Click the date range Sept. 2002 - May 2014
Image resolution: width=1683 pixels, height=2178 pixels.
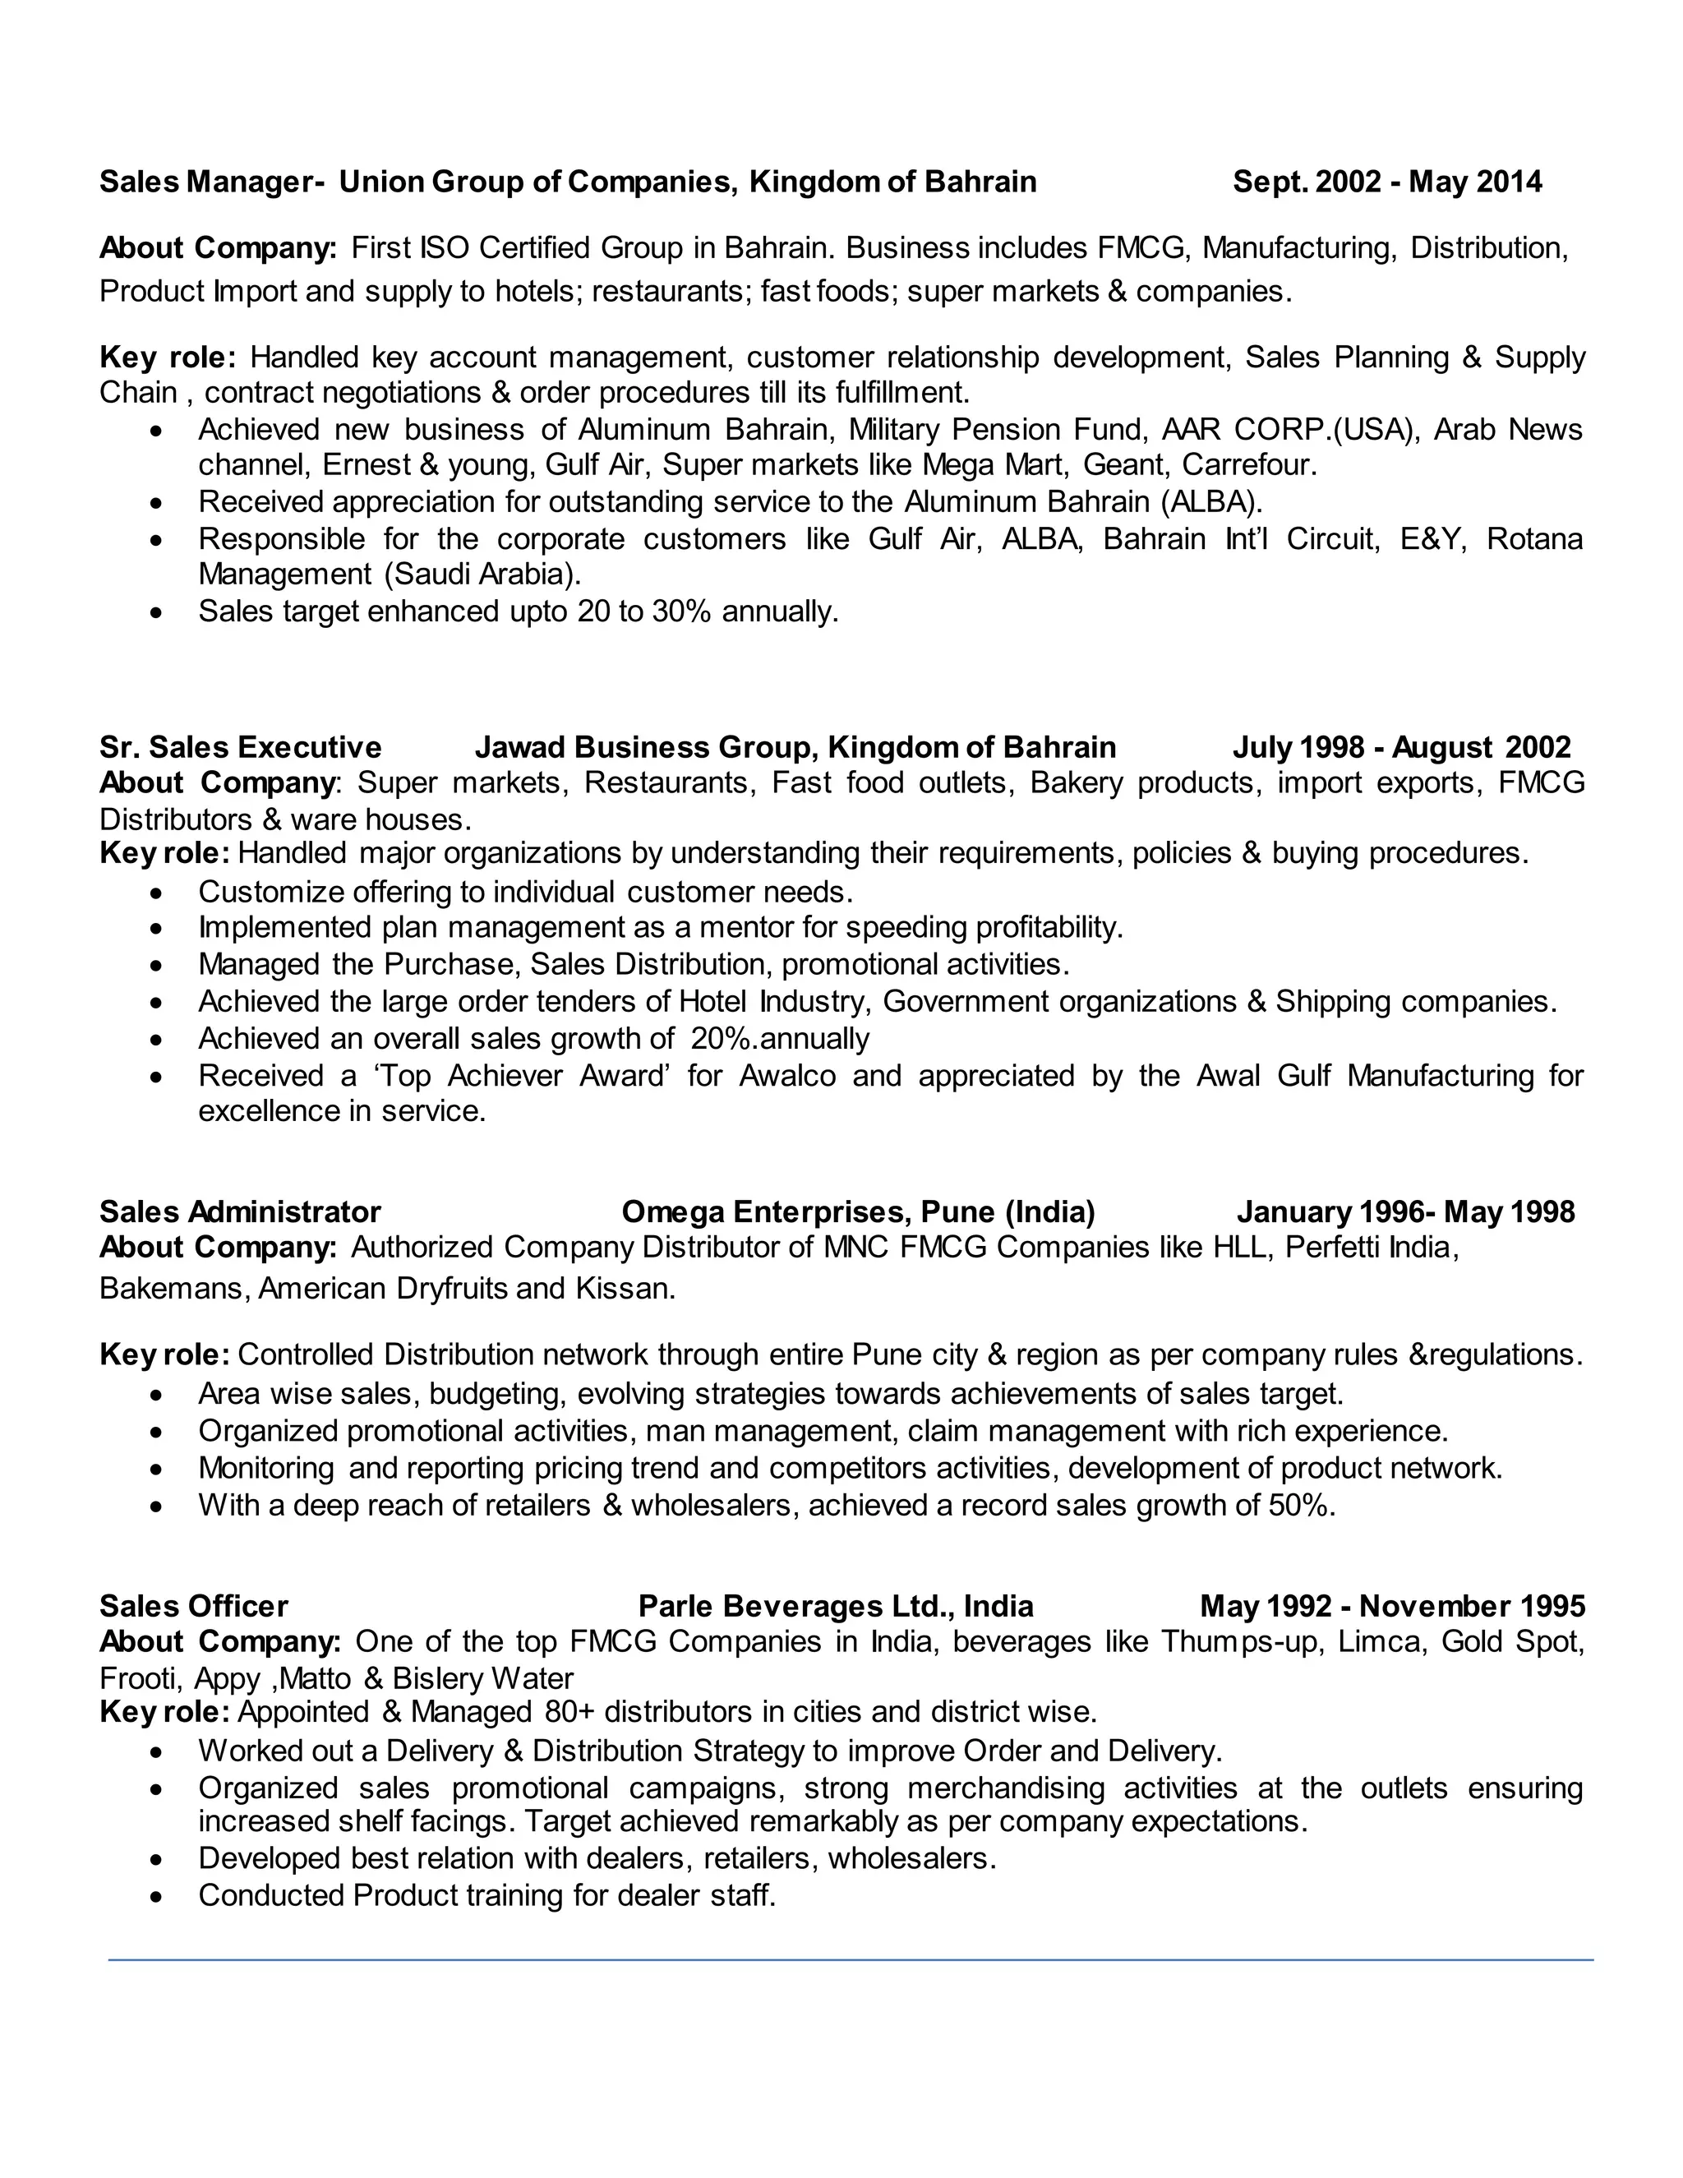click(1387, 182)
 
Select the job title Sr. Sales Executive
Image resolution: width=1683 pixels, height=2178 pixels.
click(240, 747)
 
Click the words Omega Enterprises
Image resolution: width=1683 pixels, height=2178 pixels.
click(762, 1211)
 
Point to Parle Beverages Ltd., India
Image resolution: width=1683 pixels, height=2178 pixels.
click(836, 1606)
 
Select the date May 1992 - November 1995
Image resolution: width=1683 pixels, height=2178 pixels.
click(1392, 1606)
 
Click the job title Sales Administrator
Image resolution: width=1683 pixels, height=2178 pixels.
click(240, 1211)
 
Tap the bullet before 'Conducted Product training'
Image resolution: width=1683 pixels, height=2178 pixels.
click(155, 1897)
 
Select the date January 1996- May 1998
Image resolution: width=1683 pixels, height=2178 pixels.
click(1404, 1211)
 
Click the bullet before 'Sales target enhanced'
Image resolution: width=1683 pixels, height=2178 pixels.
click(155, 612)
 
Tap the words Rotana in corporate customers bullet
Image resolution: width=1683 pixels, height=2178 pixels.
click(1533, 538)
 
